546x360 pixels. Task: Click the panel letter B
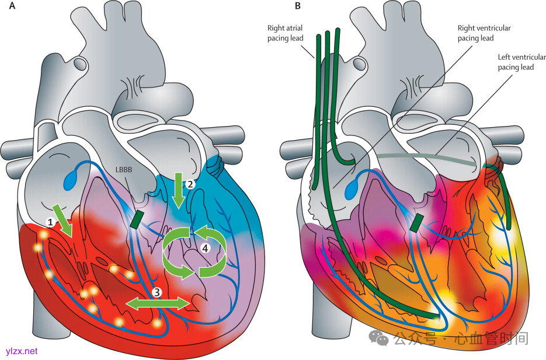point(298,6)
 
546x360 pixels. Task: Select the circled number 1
point(51,222)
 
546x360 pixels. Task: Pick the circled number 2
point(190,183)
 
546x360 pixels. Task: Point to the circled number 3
point(156,290)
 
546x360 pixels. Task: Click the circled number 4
point(204,247)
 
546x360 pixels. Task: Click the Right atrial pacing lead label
point(284,32)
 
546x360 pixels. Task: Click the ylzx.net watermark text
point(21,351)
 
